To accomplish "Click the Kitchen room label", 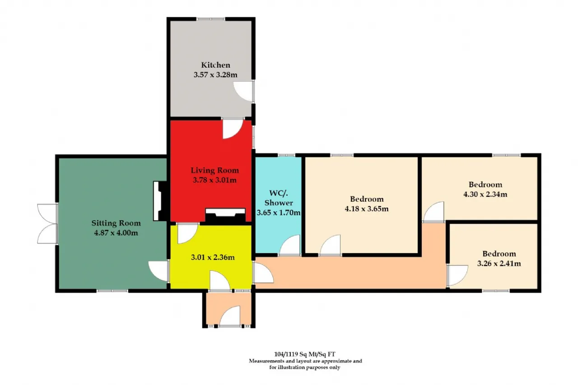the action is click(215, 65).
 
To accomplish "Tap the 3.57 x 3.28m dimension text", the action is click(215, 75).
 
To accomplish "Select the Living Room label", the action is click(214, 170).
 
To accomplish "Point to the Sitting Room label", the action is click(116, 223).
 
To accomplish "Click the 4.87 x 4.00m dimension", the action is click(116, 233).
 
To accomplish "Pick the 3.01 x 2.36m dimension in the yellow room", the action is click(213, 257).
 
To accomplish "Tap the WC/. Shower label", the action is click(279, 198).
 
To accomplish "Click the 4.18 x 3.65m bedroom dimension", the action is click(367, 209).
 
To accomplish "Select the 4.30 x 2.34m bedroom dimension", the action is click(485, 194).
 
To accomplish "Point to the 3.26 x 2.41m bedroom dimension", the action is click(499, 264).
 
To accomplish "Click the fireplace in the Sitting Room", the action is click(160, 201).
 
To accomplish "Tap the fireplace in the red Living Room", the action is click(225, 215).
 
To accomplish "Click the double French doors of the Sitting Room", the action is click(48, 224).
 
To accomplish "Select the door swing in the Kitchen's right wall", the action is click(243, 91).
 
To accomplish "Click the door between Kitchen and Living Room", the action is click(233, 129).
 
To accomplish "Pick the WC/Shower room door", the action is click(290, 245).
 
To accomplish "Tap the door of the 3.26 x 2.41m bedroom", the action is click(457, 276).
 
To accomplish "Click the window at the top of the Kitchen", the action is click(210, 19).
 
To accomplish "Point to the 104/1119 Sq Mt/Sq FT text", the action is click(305, 354).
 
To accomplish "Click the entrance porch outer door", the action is click(230, 316).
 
